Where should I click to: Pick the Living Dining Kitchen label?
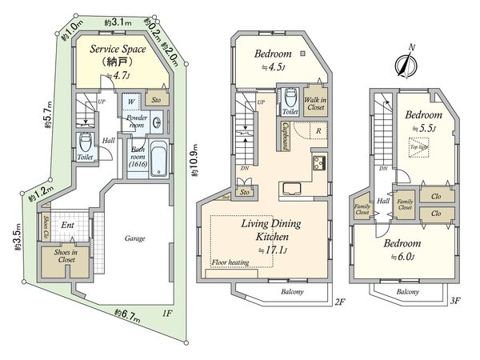pos(266,232)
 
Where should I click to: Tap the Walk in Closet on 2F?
pos(314,102)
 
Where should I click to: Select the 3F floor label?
pos(457,301)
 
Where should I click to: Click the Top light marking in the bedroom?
pos(418,150)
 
